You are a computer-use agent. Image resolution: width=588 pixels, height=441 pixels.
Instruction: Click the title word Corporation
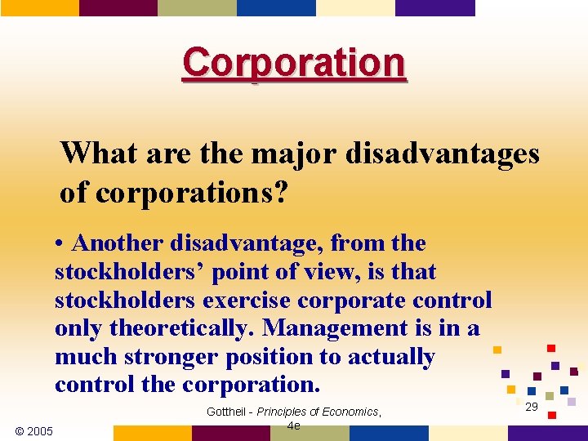[x=294, y=62]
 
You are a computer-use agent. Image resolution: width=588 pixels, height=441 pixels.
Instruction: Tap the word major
[x=289, y=153]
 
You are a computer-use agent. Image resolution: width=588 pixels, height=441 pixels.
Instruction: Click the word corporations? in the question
[x=192, y=193]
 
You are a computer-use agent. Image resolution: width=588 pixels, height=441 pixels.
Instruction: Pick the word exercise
[x=250, y=301]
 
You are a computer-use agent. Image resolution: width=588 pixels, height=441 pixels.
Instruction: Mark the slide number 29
[x=532, y=407]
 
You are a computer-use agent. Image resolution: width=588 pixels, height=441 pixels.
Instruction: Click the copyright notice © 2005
[x=33, y=430]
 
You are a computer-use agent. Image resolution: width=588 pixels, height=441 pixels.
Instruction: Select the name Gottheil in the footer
[x=225, y=412]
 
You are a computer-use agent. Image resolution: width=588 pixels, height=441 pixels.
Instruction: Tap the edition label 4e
[x=294, y=426]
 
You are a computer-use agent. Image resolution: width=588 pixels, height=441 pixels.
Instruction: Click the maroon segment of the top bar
[x=118, y=7]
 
